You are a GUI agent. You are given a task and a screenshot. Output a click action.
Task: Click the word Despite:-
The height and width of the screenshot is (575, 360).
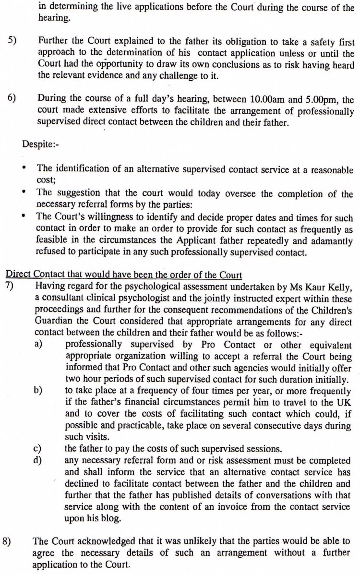coord(40,144)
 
